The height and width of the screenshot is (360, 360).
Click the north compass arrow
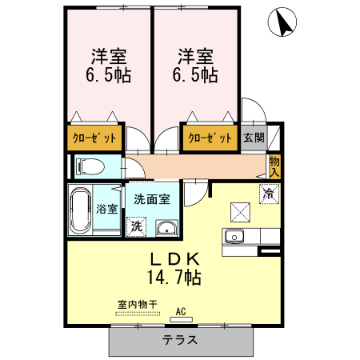[282, 23]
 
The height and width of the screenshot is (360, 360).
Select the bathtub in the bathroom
[80, 210]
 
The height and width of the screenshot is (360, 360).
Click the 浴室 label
[107, 210]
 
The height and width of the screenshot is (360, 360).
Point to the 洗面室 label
[151, 198]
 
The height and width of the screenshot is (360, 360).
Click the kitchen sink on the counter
[235, 237]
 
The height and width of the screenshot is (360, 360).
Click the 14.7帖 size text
[173, 278]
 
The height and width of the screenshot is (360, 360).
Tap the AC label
[180, 311]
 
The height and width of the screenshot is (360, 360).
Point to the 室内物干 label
[137, 305]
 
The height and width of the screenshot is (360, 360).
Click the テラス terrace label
[180, 340]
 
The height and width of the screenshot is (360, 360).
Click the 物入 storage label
[274, 166]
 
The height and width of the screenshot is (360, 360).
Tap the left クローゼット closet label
[94, 138]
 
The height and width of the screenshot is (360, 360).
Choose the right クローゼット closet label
[210, 138]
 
